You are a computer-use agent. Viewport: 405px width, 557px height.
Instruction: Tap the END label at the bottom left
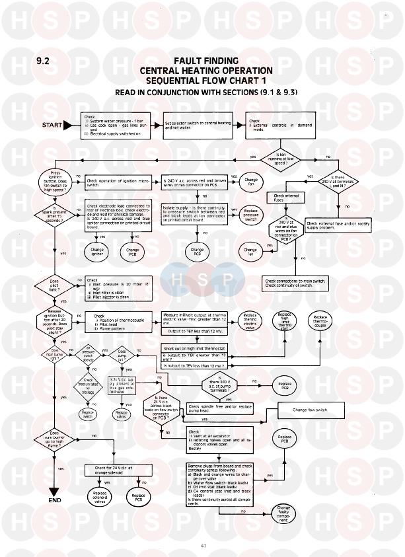[55, 500]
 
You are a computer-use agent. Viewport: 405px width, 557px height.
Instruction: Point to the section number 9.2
[44, 61]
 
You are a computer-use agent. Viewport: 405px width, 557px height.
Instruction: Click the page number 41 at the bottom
[202, 545]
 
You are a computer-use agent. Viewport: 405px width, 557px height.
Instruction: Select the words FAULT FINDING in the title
[205, 60]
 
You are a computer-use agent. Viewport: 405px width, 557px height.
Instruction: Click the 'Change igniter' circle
[97, 250]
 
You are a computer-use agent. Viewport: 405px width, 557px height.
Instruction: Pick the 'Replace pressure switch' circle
[251, 215]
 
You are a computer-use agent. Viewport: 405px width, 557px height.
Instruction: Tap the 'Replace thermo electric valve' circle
[249, 318]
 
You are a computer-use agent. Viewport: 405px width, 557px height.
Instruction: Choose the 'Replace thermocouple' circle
[320, 320]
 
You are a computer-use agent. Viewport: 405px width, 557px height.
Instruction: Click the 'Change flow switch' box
[310, 410]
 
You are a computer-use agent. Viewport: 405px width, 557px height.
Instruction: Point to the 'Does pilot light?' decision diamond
[55, 285]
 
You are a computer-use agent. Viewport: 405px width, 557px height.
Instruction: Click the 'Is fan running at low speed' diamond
[279, 157]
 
